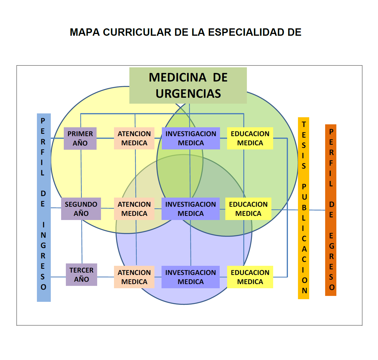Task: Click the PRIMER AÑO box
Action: point(80,139)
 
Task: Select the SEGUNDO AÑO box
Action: point(81,209)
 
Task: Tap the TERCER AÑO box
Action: point(82,275)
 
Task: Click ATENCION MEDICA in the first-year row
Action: point(134,138)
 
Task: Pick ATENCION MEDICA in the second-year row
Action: point(134,209)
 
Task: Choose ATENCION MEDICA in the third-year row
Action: point(134,277)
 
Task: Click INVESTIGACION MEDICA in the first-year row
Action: point(191,138)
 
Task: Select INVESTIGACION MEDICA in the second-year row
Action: point(190,209)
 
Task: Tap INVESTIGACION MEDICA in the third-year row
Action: point(190,277)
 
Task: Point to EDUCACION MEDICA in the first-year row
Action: point(250,138)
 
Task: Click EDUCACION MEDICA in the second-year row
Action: point(248,209)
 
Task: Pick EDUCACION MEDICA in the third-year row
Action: point(250,277)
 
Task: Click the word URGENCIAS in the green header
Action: point(188,94)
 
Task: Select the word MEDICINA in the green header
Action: point(178,77)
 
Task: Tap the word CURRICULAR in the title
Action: point(137,32)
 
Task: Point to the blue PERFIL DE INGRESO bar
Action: point(44,208)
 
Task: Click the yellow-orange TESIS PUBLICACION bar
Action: point(304,208)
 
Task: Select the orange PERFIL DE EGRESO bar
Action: point(331,210)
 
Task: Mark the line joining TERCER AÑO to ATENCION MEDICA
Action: point(105,277)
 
